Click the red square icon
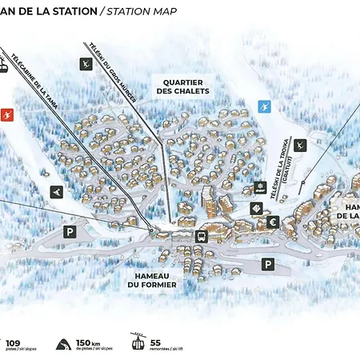point(7,114)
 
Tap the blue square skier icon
point(265,106)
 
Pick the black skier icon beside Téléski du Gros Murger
point(85,64)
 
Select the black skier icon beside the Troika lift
point(300,146)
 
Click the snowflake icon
point(259,187)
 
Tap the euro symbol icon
point(273,222)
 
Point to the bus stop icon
point(200,237)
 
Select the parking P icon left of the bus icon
point(70,232)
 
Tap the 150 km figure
point(87,342)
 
